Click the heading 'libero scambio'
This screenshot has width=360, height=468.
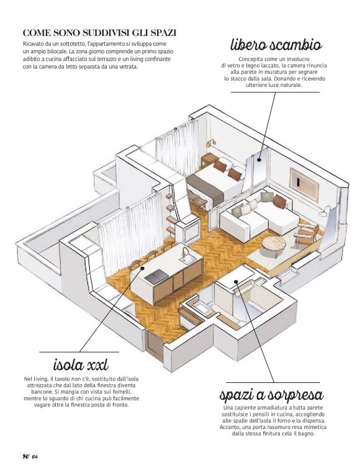coord(276,45)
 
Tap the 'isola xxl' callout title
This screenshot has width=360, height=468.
coord(81,364)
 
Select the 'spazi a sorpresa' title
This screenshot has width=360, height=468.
coord(271,395)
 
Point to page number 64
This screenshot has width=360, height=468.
coord(35,456)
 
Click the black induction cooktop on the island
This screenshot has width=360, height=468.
coord(156,276)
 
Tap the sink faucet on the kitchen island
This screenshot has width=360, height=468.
coord(185,253)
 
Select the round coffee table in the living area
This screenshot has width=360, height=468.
coord(274,243)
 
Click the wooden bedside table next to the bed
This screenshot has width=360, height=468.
coord(209,160)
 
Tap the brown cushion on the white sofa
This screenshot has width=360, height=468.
coord(279,201)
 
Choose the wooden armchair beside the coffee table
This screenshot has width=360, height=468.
coord(306,234)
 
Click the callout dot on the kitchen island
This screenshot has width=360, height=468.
coord(142,268)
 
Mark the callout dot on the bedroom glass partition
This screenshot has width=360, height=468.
coord(259,160)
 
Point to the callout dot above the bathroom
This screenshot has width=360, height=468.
coord(236,281)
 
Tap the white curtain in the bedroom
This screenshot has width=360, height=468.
coord(177,148)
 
